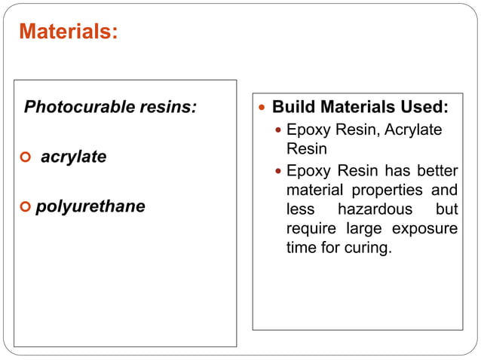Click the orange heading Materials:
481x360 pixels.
coord(68,32)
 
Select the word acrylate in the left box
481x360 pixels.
coord(74,157)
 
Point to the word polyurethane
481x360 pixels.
coord(90,206)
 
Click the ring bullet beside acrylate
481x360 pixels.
coord(26,158)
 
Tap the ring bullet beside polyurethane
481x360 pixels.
coord(26,206)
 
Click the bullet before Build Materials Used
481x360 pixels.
coord(262,108)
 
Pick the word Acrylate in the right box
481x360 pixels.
coord(413,130)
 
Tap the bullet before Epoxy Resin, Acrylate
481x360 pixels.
coord(278,130)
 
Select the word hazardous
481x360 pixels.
coord(375,209)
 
